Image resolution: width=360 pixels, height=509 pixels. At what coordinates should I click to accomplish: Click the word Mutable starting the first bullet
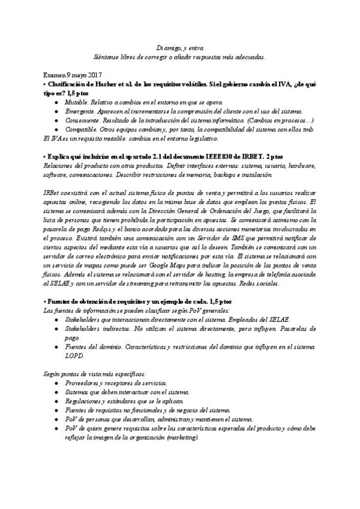pyautogui.click(x=77, y=103)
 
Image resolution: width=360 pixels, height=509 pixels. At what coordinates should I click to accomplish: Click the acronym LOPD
pyautogui.click(x=74, y=356)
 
